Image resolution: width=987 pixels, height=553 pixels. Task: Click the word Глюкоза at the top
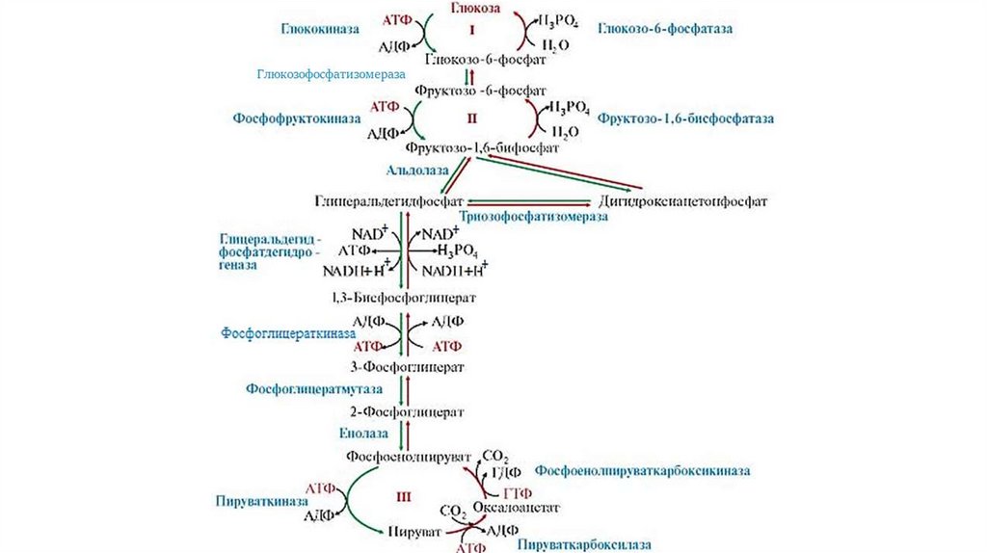coord(472,8)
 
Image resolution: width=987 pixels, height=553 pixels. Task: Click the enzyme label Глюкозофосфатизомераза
coord(331,74)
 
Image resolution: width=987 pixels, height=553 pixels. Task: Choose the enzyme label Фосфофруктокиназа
coord(296,118)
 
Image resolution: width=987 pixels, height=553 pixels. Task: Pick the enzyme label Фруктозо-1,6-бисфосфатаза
coord(686,118)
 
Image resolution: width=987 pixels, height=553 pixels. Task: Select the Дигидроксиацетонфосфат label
coord(683,201)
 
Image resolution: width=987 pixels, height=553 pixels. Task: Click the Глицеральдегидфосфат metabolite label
coord(389,201)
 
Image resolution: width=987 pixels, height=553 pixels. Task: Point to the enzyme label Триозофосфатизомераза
coord(534,218)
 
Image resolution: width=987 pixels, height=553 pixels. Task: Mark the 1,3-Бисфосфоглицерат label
coord(403,299)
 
